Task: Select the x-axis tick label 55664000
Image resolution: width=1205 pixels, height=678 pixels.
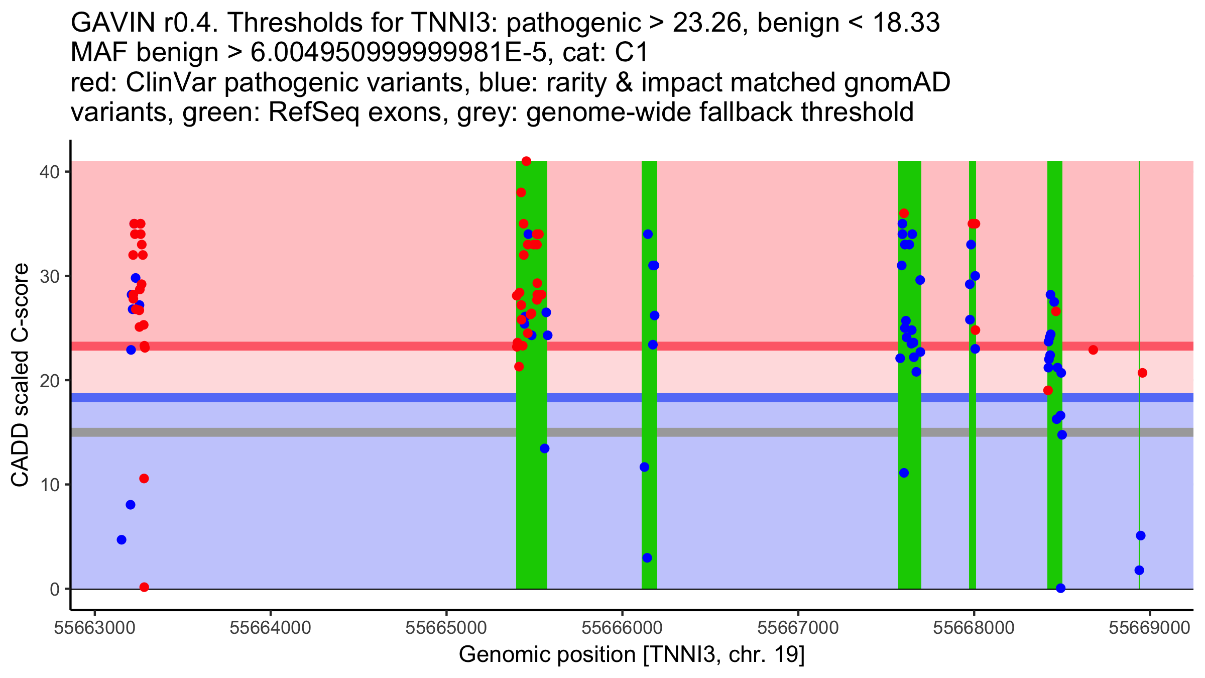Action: coord(270,628)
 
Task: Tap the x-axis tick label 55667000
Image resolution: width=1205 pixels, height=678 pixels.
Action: coord(798,628)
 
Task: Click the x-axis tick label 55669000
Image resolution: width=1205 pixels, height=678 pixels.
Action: coord(1150,628)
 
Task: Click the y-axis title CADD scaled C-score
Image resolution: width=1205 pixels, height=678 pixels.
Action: coord(20,376)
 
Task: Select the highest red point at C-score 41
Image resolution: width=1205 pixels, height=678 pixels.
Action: coord(526,161)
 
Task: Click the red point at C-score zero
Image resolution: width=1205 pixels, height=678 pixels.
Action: coord(144,587)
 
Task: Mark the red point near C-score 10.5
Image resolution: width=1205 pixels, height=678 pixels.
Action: coord(144,479)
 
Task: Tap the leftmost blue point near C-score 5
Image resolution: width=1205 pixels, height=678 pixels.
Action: coord(122,540)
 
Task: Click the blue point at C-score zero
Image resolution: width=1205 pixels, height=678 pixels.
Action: coord(1060,588)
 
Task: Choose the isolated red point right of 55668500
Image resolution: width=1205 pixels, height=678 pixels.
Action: coord(1093,350)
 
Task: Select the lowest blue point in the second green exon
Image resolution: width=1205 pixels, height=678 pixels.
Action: coord(647,558)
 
